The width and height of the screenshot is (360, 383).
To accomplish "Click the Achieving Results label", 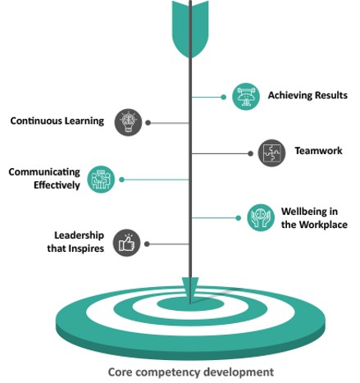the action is click(308, 95).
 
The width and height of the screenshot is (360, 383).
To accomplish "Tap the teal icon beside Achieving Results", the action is click(246, 97).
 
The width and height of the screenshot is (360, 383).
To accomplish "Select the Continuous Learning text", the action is click(57, 121).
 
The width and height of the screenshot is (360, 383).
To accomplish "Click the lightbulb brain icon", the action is click(128, 122).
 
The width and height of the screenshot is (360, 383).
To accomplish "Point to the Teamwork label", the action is click(318, 151).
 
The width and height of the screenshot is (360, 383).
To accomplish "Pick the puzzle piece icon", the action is click(271, 153).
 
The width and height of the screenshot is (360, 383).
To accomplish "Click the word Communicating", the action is click(44, 172).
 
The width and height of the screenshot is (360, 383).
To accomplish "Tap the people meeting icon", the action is click(101, 180).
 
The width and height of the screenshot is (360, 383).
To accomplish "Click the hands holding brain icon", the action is click(261, 217).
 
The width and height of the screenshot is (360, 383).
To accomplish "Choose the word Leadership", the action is click(79, 235).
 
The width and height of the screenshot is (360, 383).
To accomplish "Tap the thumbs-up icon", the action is click(126, 243).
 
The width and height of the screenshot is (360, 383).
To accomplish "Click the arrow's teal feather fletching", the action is click(190, 29).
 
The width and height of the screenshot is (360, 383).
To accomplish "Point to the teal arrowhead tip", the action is click(190, 302).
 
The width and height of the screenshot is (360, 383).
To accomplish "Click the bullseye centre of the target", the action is click(190, 304).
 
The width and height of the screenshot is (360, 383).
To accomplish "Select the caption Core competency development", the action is click(191, 372).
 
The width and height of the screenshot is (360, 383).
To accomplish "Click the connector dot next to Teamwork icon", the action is click(250, 153).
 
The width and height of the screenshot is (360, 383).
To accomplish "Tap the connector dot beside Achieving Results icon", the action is click(223, 97).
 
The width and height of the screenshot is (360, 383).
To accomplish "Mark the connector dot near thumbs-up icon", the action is click(147, 244).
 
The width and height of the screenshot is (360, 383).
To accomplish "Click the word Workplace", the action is click(323, 225).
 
